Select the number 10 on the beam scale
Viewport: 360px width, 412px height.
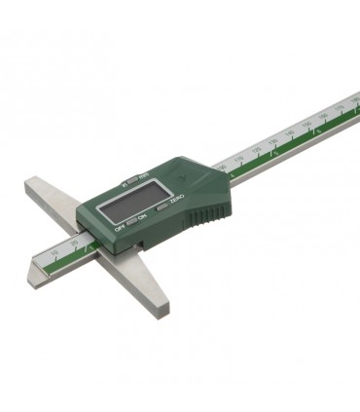tap(54, 252)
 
